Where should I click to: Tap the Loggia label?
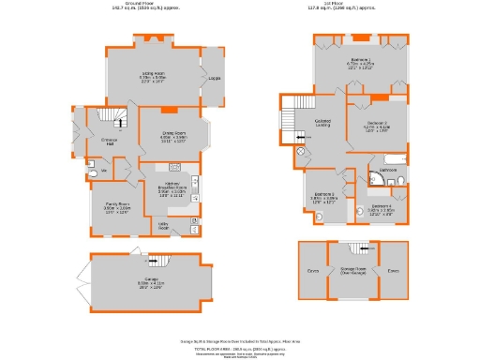(214, 79)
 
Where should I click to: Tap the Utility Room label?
(162, 225)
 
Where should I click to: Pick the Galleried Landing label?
(323, 124)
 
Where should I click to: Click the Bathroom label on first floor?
(387, 168)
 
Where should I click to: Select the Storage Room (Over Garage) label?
(353, 269)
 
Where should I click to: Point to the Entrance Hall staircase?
(118, 118)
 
